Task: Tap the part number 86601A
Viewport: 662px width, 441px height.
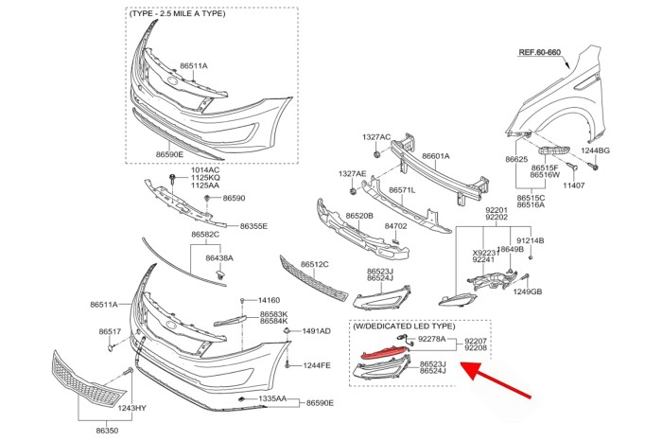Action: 436,155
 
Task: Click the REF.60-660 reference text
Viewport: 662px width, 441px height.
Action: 540,53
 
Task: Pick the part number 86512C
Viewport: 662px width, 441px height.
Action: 314,264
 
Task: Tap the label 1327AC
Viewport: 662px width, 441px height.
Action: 376,137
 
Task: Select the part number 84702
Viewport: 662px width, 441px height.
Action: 396,226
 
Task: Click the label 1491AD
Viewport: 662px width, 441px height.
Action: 316,331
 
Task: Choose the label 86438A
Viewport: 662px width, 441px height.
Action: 219,257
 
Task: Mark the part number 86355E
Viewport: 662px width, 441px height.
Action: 253,226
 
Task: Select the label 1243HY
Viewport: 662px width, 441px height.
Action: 131,408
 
